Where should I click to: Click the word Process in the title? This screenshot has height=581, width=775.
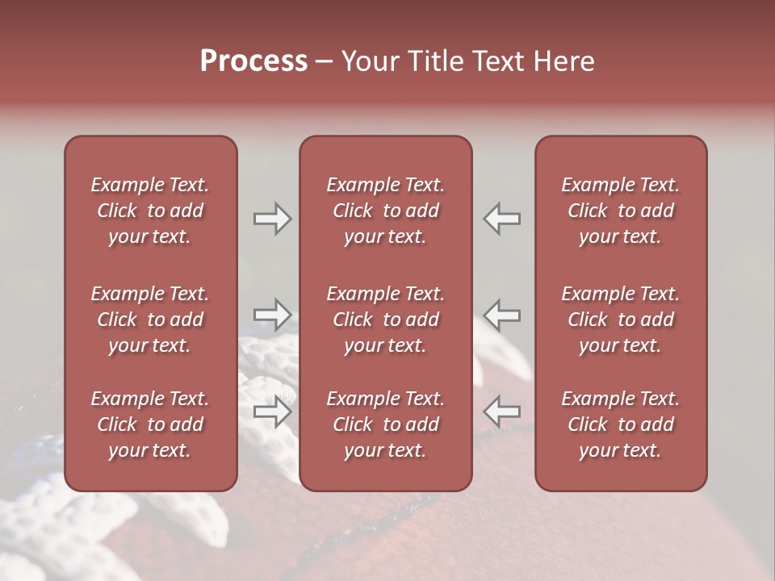253,61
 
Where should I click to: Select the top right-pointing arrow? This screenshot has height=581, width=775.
272,219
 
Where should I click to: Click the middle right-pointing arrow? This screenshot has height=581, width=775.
272,314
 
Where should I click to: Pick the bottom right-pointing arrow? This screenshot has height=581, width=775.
272,412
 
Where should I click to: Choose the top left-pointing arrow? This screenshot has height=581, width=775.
502,219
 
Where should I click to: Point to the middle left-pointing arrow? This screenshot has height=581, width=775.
502,314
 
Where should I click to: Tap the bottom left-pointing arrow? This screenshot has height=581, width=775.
502,412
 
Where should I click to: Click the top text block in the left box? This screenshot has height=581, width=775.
150,211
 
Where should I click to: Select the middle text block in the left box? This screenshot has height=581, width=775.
150,320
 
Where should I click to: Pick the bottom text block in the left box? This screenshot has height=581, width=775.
150,424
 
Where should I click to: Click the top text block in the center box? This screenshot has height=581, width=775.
385,211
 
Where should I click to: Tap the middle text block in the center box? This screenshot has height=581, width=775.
385,320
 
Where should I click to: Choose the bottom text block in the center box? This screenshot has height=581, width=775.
385,424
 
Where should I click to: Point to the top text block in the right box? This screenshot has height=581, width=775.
621,211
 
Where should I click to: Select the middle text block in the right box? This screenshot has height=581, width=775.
621,320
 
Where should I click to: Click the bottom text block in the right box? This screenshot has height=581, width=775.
621,424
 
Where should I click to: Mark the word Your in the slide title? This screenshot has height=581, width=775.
368,61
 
